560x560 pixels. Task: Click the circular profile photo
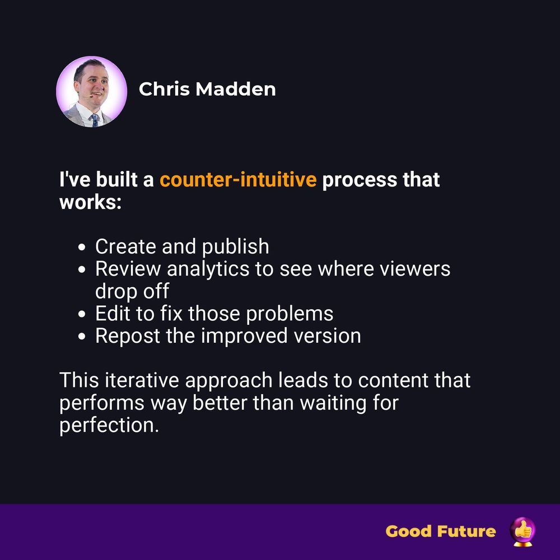tap(91, 91)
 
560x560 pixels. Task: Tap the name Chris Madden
tap(207, 89)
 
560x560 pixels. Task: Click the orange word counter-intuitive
tap(238, 179)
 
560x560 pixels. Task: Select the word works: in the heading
tap(91, 202)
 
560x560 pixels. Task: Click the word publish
tap(235, 247)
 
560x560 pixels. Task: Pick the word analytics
tap(208, 269)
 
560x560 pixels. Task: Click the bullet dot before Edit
tap(82, 314)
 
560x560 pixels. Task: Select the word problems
tap(290, 314)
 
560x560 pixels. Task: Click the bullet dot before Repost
tap(82, 337)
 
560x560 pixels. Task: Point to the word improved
tap(244, 337)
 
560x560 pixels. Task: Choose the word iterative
tap(142, 380)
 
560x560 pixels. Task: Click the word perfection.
tap(109, 426)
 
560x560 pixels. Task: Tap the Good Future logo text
tap(441, 531)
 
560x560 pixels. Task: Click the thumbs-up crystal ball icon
tap(522, 531)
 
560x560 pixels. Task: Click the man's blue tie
tap(95, 120)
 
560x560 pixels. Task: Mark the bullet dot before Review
tap(82, 269)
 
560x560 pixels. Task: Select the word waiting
tap(333, 403)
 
